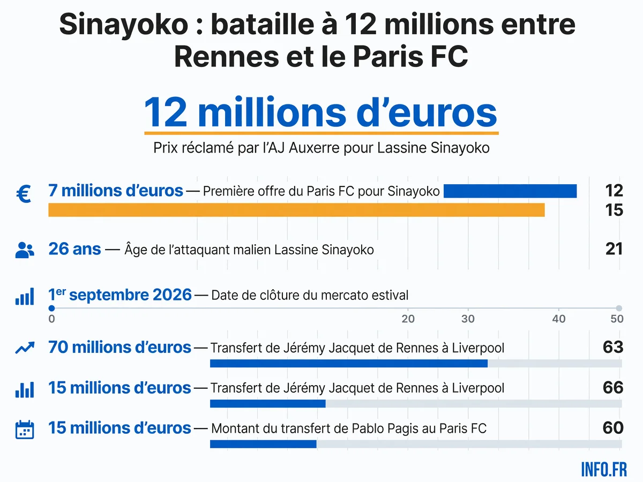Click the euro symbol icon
click(24, 194)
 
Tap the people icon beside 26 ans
click(25, 250)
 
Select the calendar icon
click(25, 430)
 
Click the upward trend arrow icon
click(25, 348)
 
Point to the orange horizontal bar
click(296, 210)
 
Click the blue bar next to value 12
click(510, 191)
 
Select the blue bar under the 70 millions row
click(349, 364)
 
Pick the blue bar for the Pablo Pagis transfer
click(263, 444)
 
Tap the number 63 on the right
click(613, 347)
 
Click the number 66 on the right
click(613, 387)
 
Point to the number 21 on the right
click(614, 249)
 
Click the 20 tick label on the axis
click(408, 319)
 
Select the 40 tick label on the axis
click(559, 319)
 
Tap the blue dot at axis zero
click(51, 308)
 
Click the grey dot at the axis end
click(619, 308)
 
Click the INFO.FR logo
click(604, 470)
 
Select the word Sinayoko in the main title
click(124, 25)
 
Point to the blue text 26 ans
click(74, 249)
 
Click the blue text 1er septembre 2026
click(120, 295)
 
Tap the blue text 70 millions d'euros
click(120, 348)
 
